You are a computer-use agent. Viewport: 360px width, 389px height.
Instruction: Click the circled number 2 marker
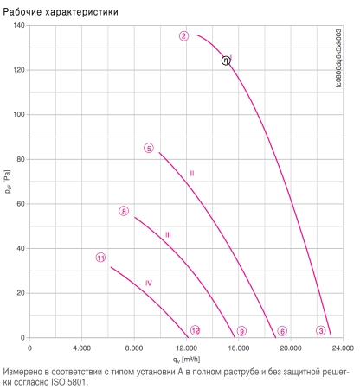(183, 36)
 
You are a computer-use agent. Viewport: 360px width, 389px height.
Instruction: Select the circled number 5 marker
(149, 149)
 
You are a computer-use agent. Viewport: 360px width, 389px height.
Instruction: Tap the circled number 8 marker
(124, 211)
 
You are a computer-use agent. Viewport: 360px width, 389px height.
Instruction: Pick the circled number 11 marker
(100, 258)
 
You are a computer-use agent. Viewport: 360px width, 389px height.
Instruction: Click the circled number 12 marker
(196, 330)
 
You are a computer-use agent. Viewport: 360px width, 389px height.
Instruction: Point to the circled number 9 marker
(241, 331)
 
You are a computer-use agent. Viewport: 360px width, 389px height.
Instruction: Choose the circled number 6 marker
(282, 331)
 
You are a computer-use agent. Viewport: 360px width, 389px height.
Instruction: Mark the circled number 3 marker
(321, 331)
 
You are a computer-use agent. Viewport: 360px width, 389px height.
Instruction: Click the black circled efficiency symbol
(226, 61)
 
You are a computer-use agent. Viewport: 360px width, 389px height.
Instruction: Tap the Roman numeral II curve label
(192, 174)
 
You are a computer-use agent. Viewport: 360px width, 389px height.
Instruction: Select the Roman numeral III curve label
(168, 235)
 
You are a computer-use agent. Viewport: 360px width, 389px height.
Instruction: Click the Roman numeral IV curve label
(149, 284)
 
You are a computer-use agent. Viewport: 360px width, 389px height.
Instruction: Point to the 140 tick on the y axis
(19, 25)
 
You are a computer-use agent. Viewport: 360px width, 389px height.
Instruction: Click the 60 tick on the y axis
(21, 204)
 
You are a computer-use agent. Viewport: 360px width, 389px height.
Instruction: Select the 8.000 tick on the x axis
(134, 348)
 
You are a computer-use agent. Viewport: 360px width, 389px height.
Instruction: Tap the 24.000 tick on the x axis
(343, 348)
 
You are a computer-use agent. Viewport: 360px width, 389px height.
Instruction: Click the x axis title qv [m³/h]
(186, 360)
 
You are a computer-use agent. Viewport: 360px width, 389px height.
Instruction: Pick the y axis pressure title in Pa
(8, 182)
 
